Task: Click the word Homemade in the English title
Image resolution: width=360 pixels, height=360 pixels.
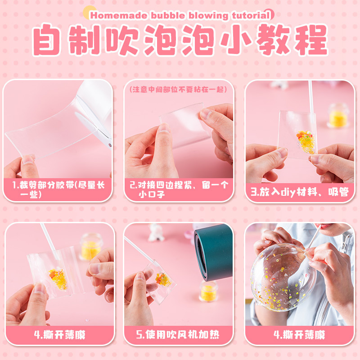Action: pyautogui.click(x=119, y=16)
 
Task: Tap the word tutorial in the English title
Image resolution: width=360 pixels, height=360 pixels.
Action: pyautogui.click(x=251, y=15)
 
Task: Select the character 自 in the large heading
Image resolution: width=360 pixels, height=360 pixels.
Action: pyautogui.click(x=47, y=40)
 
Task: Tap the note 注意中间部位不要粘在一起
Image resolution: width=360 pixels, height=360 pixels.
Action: pyautogui.click(x=178, y=90)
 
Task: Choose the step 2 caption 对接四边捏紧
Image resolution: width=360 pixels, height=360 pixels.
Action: pyautogui.click(x=165, y=185)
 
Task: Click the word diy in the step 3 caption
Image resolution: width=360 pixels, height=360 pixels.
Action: pyautogui.click(x=288, y=193)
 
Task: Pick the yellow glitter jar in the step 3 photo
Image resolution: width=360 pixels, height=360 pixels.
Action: pyautogui.click(x=338, y=116)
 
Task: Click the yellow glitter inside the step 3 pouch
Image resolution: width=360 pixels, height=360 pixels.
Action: pyautogui.click(x=306, y=142)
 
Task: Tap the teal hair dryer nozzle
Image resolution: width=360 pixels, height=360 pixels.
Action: pyautogui.click(x=213, y=252)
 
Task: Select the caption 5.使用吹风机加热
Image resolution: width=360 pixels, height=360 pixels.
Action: pyautogui.click(x=178, y=334)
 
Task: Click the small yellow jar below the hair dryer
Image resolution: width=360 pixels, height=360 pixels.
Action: pyautogui.click(x=209, y=291)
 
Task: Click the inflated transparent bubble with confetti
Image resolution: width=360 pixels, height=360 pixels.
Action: pyautogui.click(x=283, y=277)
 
